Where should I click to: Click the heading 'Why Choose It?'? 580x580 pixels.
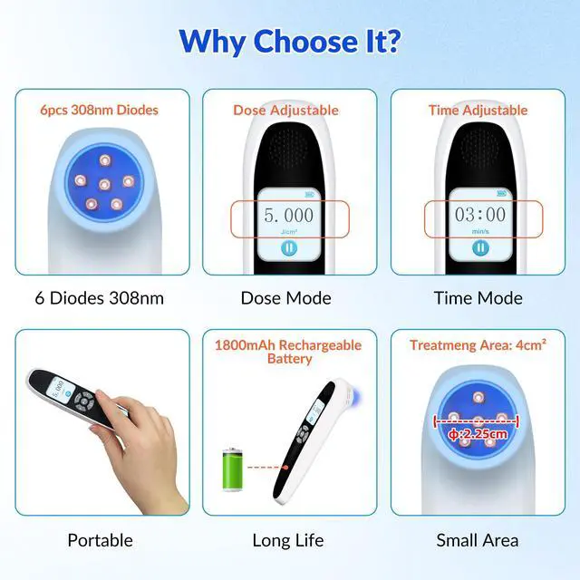pyautogui.click(x=290, y=42)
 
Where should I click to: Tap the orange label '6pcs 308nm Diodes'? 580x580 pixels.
pyautogui.click(x=99, y=111)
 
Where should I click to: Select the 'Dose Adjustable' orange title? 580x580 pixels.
pyautogui.click(x=286, y=111)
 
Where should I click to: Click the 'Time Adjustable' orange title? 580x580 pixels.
pyautogui.click(x=477, y=111)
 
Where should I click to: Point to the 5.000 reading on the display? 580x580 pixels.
pyautogui.click(x=288, y=216)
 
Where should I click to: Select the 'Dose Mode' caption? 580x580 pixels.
pyautogui.click(x=285, y=298)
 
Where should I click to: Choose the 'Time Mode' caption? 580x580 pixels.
pyautogui.click(x=478, y=298)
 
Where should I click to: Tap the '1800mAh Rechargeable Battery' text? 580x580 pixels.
pyautogui.click(x=287, y=352)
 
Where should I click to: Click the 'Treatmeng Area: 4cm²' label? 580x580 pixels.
pyautogui.click(x=477, y=345)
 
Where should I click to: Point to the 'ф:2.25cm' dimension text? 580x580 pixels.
pyautogui.click(x=478, y=433)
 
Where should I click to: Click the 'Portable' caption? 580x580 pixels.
pyautogui.click(x=100, y=541)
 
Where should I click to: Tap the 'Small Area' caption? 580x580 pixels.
pyautogui.click(x=478, y=541)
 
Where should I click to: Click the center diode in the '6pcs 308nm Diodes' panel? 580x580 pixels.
pyautogui.click(x=104, y=184)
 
